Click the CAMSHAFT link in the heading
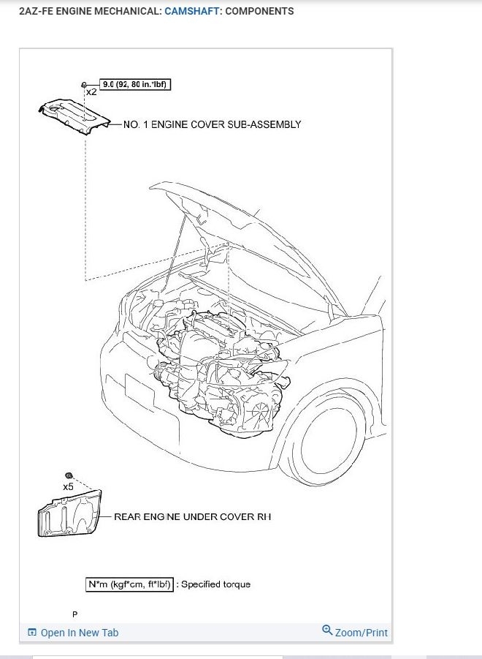(x=191, y=12)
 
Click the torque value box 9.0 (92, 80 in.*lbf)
(x=135, y=85)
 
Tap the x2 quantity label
(x=91, y=93)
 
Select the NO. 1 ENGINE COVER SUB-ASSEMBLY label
(x=212, y=124)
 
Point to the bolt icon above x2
(x=85, y=85)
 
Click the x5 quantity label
(x=68, y=486)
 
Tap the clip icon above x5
(x=68, y=476)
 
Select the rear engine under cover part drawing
(x=69, y=516)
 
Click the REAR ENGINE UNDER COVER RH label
(x=192, y=516)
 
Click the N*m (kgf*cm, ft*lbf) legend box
(x=129, y=584)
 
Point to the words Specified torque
(x=215, y=584)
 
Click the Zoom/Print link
(x=361, y=633)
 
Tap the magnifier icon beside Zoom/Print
(x=327, y=630)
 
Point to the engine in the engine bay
(x=219, y=358)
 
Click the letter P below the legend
(x=74, y=614)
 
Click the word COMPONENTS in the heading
(x=260, y=12)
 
